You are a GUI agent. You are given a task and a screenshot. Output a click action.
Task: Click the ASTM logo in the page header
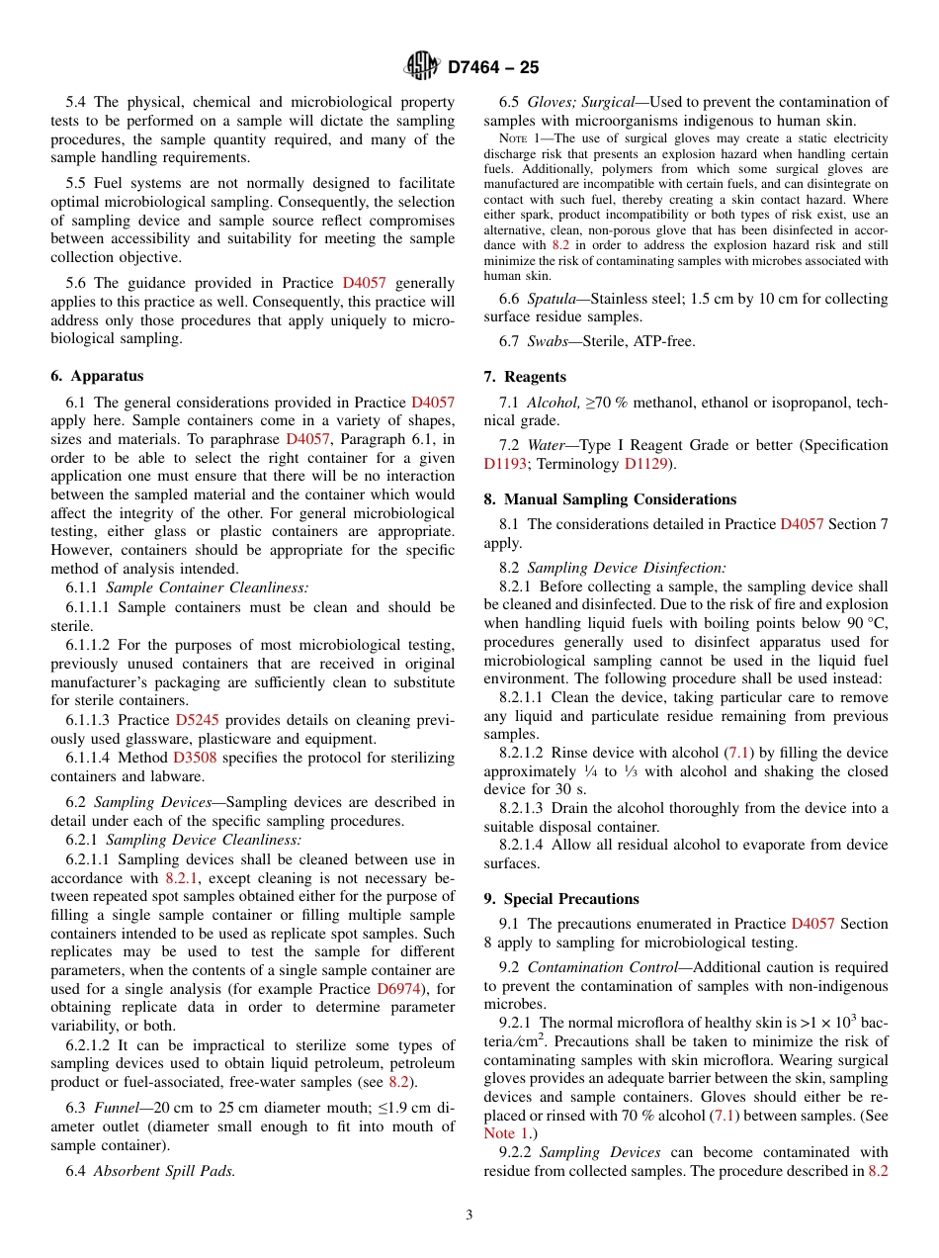422,67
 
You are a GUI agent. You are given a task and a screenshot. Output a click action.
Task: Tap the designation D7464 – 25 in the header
493,68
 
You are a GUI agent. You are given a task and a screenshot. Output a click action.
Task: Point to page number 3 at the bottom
469,1215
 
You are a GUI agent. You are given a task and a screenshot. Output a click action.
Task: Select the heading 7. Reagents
525,377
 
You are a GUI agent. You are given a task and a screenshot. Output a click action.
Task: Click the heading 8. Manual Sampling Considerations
610,499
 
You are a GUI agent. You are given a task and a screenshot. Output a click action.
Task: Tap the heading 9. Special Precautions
561,899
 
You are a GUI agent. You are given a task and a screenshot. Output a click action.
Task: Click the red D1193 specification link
505,463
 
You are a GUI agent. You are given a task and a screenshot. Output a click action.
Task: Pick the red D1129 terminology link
646,463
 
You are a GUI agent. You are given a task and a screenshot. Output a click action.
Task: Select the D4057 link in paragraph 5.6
365,283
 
